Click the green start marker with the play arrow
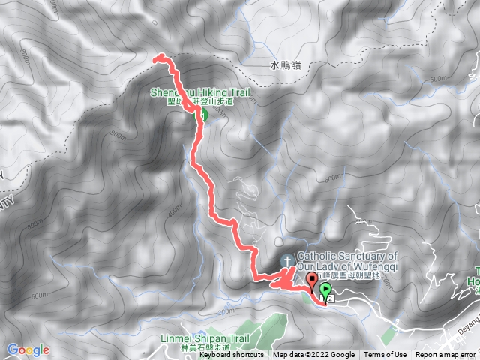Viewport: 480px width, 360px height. pos(325,289)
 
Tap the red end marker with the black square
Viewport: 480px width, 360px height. pos(312,280)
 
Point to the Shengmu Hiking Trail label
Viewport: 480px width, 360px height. pos(198,93)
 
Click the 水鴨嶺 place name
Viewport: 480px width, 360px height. pos(285,66)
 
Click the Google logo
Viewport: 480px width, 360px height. pos(28,349)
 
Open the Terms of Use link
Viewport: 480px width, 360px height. pos(385,355)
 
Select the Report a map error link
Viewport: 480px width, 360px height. pos(446,355)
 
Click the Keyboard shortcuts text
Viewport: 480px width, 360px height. pos(231,355)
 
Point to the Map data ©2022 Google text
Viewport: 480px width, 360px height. pos(314,355)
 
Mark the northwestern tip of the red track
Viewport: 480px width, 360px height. pos(155,58)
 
